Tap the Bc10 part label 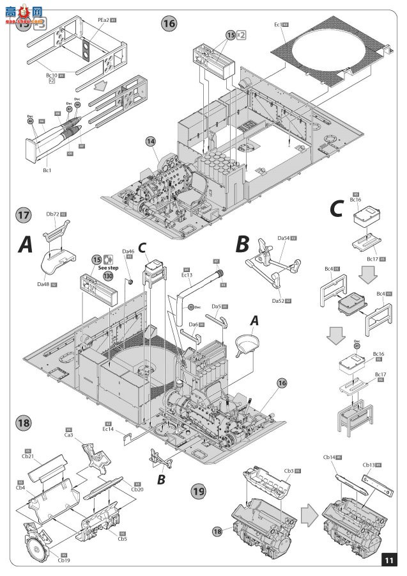click(52, 75)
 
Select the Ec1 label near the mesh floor click(277, 24)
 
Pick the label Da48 click(44, 284)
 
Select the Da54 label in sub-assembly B click(283, 237)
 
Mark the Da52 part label click(278, 300)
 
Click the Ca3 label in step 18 click(68, 435)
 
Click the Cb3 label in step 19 click(289, 470)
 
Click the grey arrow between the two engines click(309, 511)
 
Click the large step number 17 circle click(23, 216)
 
